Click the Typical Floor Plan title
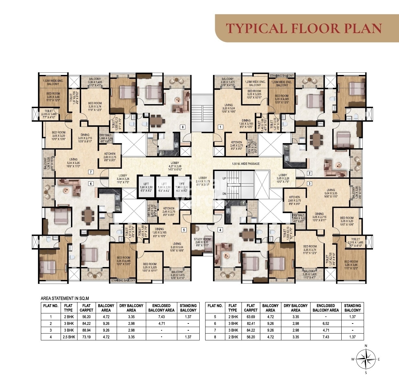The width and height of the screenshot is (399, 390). pos(304,28)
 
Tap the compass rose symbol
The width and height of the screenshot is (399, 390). pos(366,359)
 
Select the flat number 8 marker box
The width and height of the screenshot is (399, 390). pos(183,127)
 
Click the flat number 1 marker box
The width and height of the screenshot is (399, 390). pos(220,127)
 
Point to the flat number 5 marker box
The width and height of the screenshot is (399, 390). pos(184,230)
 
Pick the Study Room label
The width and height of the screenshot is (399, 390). pos(203,240)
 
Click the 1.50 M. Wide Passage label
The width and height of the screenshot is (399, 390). pos(246,164)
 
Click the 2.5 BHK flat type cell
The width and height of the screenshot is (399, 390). pos(68,337)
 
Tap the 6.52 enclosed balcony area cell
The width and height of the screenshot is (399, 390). pos(325,323)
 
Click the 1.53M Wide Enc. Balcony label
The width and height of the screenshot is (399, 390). pos(53,82)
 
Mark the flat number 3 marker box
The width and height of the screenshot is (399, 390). pos(310,183)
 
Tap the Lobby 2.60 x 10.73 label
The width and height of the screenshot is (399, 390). pos(203,181)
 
